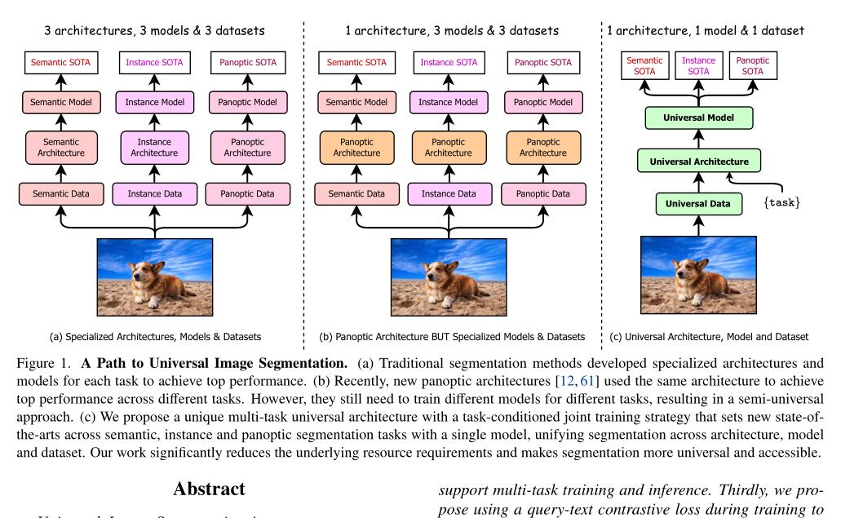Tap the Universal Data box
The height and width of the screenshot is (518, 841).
[698, 202]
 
